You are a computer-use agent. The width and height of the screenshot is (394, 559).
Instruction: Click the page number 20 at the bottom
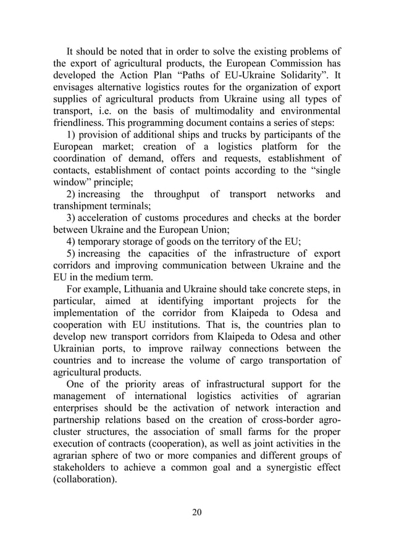click(x=197, y=511)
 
